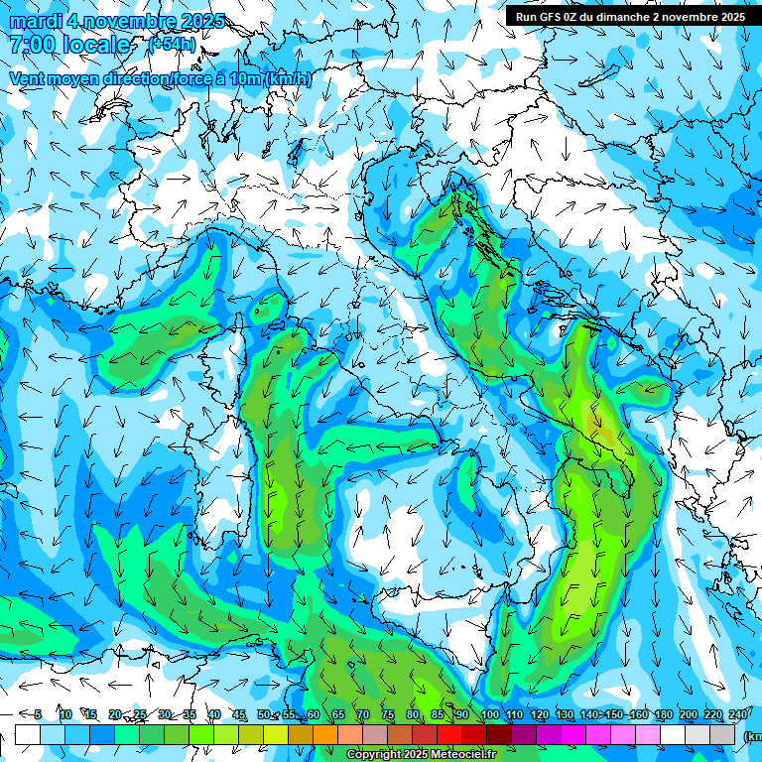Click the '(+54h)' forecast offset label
(x=172, y=45)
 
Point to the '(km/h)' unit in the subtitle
(x=289, y=79)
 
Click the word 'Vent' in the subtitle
(x=28, y=79)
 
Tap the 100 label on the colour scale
(x=489, y=714)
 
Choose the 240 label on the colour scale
(x=738, y=714)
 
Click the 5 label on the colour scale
(x=38, y=714)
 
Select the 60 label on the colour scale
(x=314, y=714)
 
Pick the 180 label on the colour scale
(x=662, y=714)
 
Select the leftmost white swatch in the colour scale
(x=28, y=734)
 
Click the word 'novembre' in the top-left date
(x=129, y=21)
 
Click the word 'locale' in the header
(x=95, y=45)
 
